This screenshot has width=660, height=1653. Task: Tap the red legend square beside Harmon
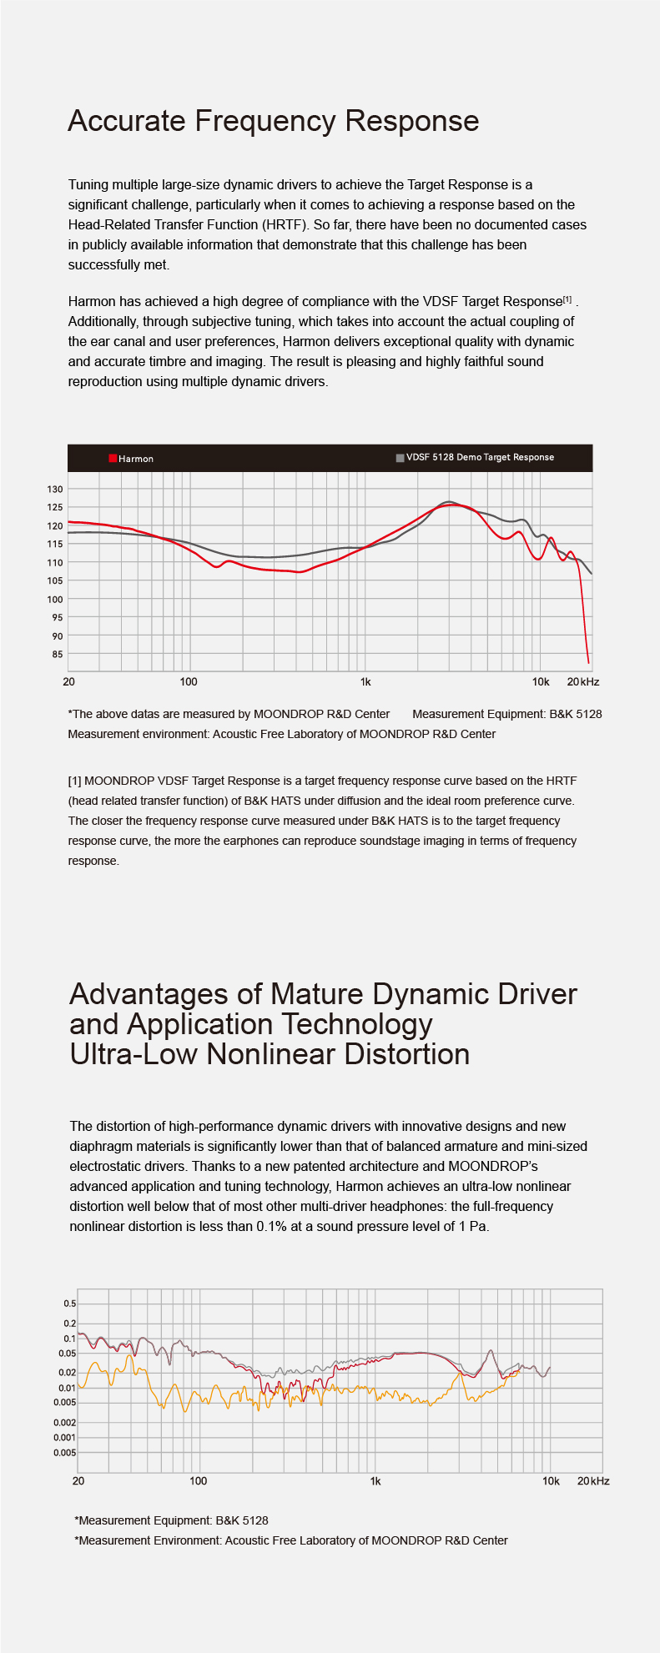[113, 458]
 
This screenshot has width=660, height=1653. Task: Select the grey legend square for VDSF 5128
[401, 458]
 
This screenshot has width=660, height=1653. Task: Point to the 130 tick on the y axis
[54, 489]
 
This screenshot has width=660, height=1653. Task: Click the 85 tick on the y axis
[58, 654]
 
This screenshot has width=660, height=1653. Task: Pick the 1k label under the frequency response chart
[365, 681]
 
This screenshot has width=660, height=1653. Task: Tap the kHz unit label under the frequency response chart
[590, 681]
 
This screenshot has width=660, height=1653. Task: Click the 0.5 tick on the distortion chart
[69, 1304]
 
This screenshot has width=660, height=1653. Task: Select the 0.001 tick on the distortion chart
[65, 1437]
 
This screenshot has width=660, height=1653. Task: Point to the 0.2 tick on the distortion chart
[69, 1324]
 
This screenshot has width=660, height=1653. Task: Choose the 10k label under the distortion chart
[551, 1480]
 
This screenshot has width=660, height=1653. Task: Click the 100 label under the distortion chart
[199, 1480]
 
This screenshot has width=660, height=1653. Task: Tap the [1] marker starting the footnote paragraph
[74, 781]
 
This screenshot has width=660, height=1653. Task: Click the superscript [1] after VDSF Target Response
[567, 299]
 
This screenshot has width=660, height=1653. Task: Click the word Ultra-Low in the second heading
[134, 1053]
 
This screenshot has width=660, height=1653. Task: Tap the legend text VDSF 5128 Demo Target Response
[481, 457]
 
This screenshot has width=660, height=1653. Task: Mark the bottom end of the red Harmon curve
[589, 663]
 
